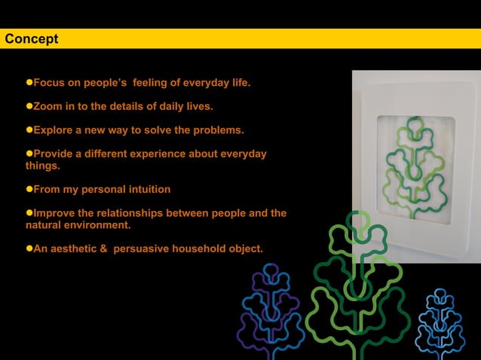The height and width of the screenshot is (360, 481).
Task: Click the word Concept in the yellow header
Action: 32,39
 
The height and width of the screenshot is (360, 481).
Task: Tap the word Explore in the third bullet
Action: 54,130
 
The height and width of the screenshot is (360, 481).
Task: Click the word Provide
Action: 54,154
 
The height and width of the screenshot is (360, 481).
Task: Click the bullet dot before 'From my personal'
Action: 29,189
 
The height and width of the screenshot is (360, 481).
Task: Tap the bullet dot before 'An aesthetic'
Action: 29,249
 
